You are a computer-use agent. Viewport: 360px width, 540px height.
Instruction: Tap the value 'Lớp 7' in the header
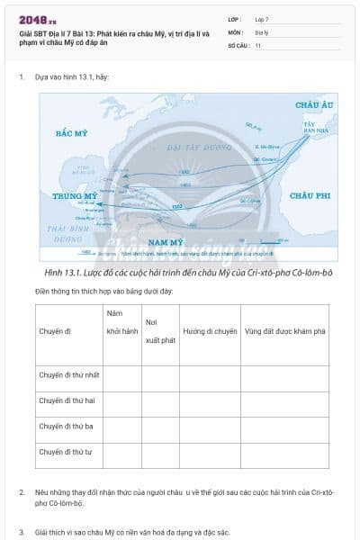pyautogui.click(x=262, y=19)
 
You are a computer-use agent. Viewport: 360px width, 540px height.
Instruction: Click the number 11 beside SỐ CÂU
pyautogui.click(x=258, y=45)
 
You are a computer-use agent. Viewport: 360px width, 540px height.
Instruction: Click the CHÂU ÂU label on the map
pyautogui.click(x=315, y=105)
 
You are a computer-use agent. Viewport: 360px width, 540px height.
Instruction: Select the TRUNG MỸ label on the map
pyautogui.click(x=75, y=195)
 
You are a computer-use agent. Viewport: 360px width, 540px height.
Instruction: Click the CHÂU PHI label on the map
pyautogui.click(x=311, y=194)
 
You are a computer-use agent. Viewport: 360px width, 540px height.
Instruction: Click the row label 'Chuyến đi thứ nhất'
pyautogui.click(x=69, y=374)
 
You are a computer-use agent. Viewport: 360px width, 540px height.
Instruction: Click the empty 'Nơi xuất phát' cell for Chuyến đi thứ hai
pyautogui.click(x=160, y=400)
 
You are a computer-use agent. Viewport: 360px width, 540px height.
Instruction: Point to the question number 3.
pyautogui.click(x=22, y=533)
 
